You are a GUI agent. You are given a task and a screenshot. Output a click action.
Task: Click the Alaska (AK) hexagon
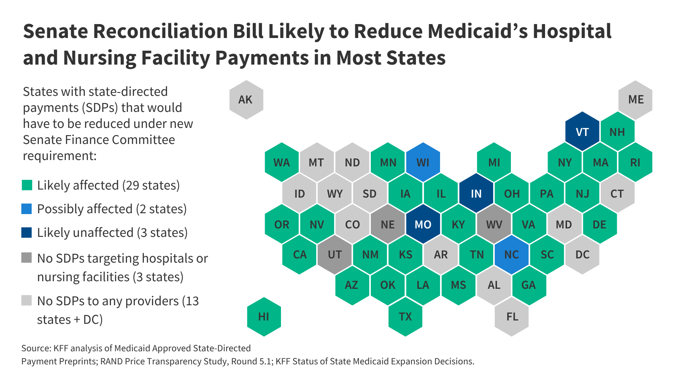[x=246, y=100]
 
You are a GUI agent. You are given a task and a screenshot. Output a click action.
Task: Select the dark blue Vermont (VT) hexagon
[x=582, y=132]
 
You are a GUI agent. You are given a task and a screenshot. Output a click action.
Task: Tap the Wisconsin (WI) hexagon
[x=423, y=163]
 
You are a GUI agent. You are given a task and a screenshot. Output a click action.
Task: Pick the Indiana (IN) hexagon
[x=476, y=193]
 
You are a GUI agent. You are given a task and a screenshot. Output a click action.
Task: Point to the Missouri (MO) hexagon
[x=423, y=224]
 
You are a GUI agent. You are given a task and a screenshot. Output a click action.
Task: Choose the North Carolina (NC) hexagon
[x=511, y=255]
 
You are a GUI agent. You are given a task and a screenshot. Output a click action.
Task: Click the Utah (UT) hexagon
[x=335, y=255]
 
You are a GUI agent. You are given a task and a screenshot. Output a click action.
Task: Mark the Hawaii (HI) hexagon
[x=264, y=317]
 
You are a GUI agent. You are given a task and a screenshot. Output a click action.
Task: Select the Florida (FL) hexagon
[x=512, y=317]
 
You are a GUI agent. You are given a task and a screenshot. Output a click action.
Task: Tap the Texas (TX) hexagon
[x=405, y=317]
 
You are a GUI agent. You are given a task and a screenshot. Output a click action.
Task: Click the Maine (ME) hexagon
[x=635, y=100]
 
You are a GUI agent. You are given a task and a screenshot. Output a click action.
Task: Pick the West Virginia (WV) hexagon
[x=494, y=224]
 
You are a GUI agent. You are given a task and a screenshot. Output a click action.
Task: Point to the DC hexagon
[x=582, y=255]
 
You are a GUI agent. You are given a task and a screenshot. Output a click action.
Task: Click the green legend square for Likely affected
[x=27, y=185]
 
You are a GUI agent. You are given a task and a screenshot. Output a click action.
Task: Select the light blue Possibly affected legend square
[x=27, y=209]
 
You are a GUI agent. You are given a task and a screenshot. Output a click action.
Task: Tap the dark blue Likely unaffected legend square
[x=27, y=232]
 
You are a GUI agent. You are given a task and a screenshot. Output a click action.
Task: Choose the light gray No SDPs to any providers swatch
[x=27, y=300]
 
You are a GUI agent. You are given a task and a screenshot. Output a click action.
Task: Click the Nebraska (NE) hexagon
[x=388, y=224]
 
